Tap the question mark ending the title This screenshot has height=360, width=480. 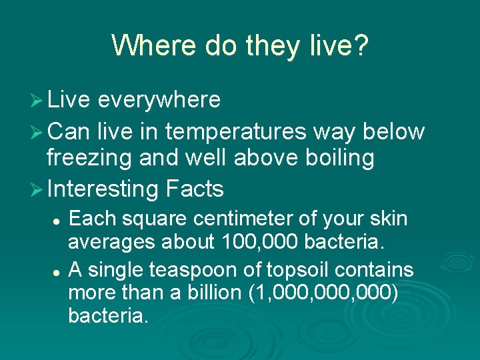click(x=361, y=45)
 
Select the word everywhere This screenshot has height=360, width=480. click(x=159, y=100)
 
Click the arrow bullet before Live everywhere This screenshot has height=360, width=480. click(x=39, y=100)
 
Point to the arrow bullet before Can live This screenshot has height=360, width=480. click(x=39, y=132)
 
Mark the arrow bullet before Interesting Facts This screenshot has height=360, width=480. click(x=39, y=189)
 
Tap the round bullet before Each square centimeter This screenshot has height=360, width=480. click(x=59, y=219)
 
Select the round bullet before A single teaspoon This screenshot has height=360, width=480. click(x=59, y=271)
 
